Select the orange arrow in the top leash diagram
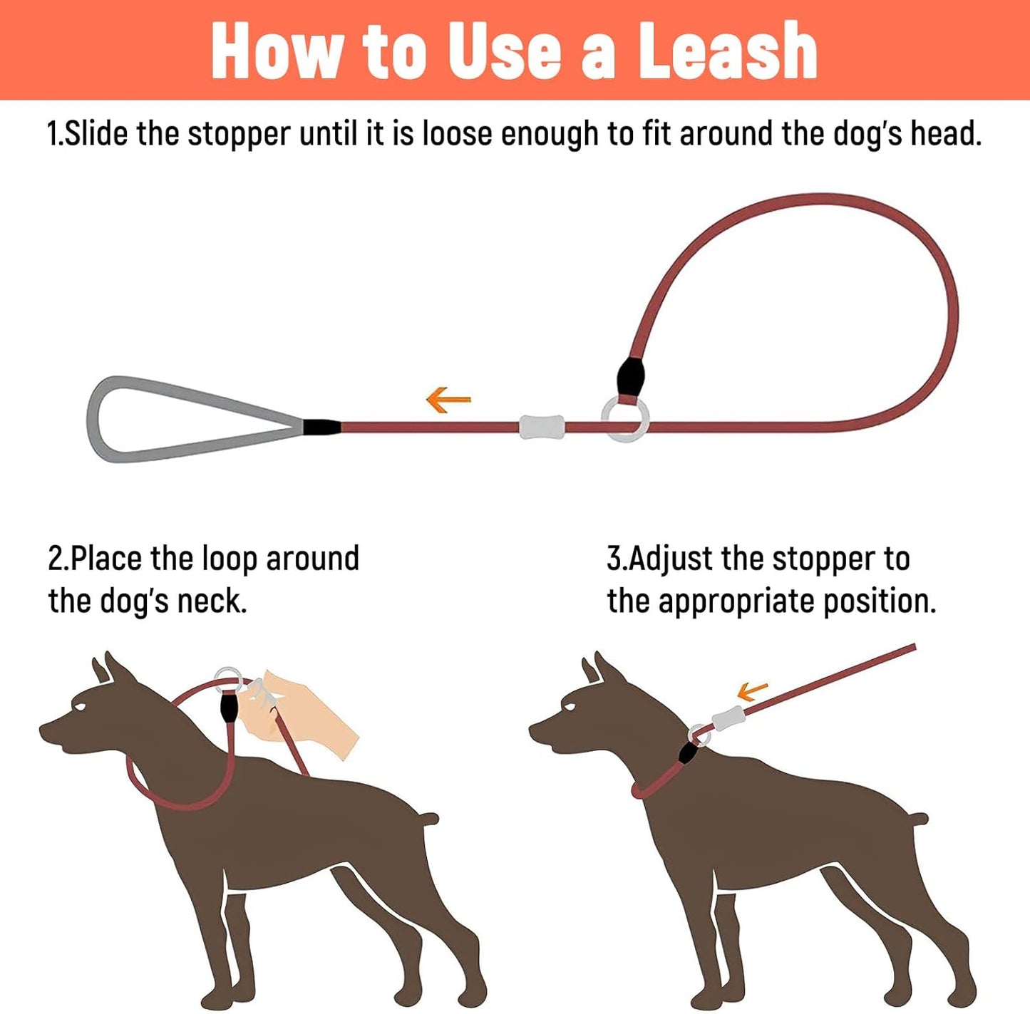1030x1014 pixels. [448, 400]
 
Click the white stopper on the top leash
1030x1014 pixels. [542, 427]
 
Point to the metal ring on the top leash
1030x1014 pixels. [625, 419]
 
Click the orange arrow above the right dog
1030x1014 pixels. [752, 690]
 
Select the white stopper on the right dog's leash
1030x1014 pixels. [728, 718]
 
